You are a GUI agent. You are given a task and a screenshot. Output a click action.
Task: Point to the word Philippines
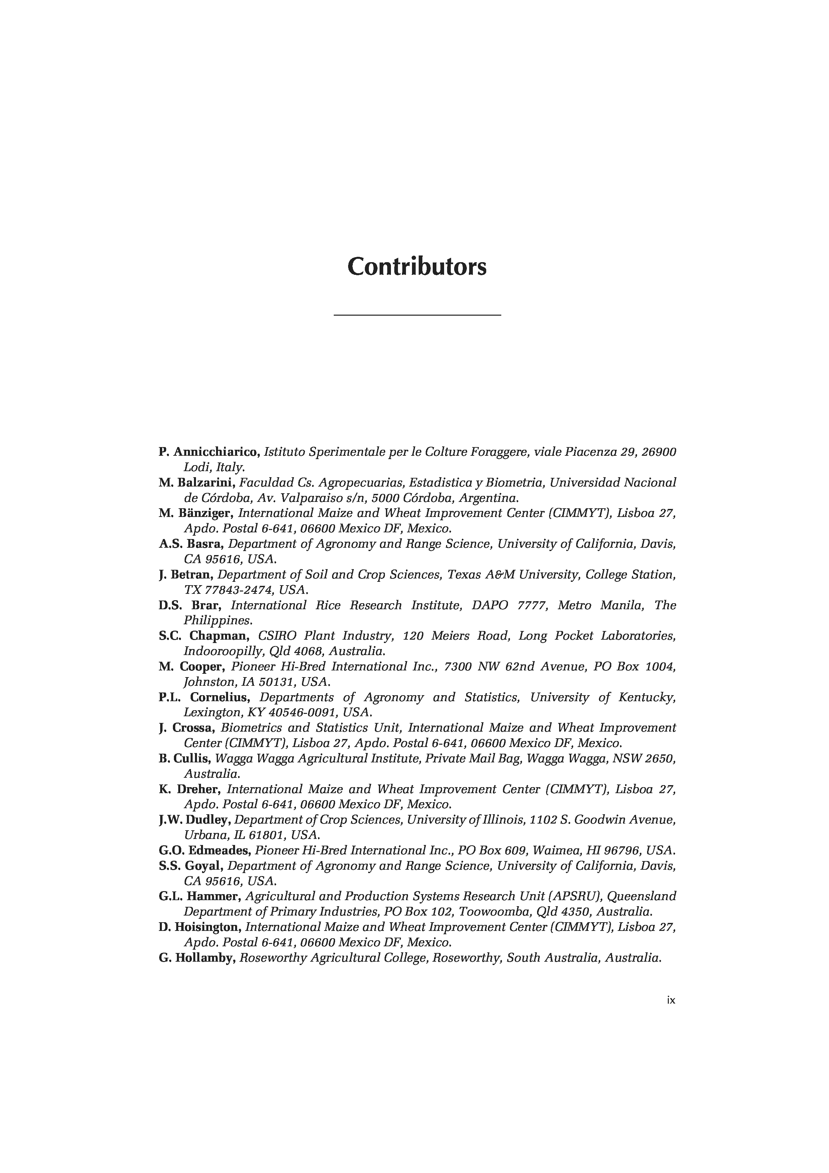[x=218, y=620]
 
